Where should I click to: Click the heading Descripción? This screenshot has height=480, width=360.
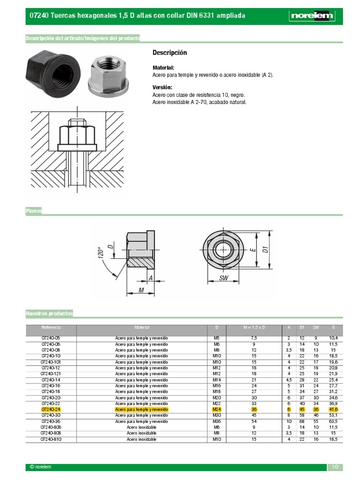pyautogui.click(x=170, y=52)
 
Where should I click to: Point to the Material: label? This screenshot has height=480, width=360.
pyautogui.click(x=163, y=67)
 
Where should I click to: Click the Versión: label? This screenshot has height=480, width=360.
pyautogui.click(x=162, y=88)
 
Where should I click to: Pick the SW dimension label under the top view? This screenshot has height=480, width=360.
pyautogui.click(x=224, y=278)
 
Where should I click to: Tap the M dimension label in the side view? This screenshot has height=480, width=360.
pyautogui.click(x=141, y=291)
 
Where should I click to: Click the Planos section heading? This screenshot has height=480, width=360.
pyautogui.click(x=34, y=211)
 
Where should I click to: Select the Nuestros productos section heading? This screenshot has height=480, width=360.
pyautogui.click(x=49, y=313)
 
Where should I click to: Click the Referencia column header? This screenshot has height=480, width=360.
pyautogui.click(x=51, y=327)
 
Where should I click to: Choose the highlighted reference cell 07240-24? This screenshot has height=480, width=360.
pyautogui.click(x=51, y=409)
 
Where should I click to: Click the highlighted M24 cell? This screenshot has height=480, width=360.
pyautogui.click(x=217, y=409)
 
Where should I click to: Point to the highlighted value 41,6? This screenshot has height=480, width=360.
pyautogui.click(x=333, y=409)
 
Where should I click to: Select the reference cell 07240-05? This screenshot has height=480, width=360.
pyautogui.click(x=51, y=338)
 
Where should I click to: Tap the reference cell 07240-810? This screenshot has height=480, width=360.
pyautogui.click(x=51, y=439)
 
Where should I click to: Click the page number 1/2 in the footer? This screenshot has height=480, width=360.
pyautogui.click(x=335, y=467)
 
